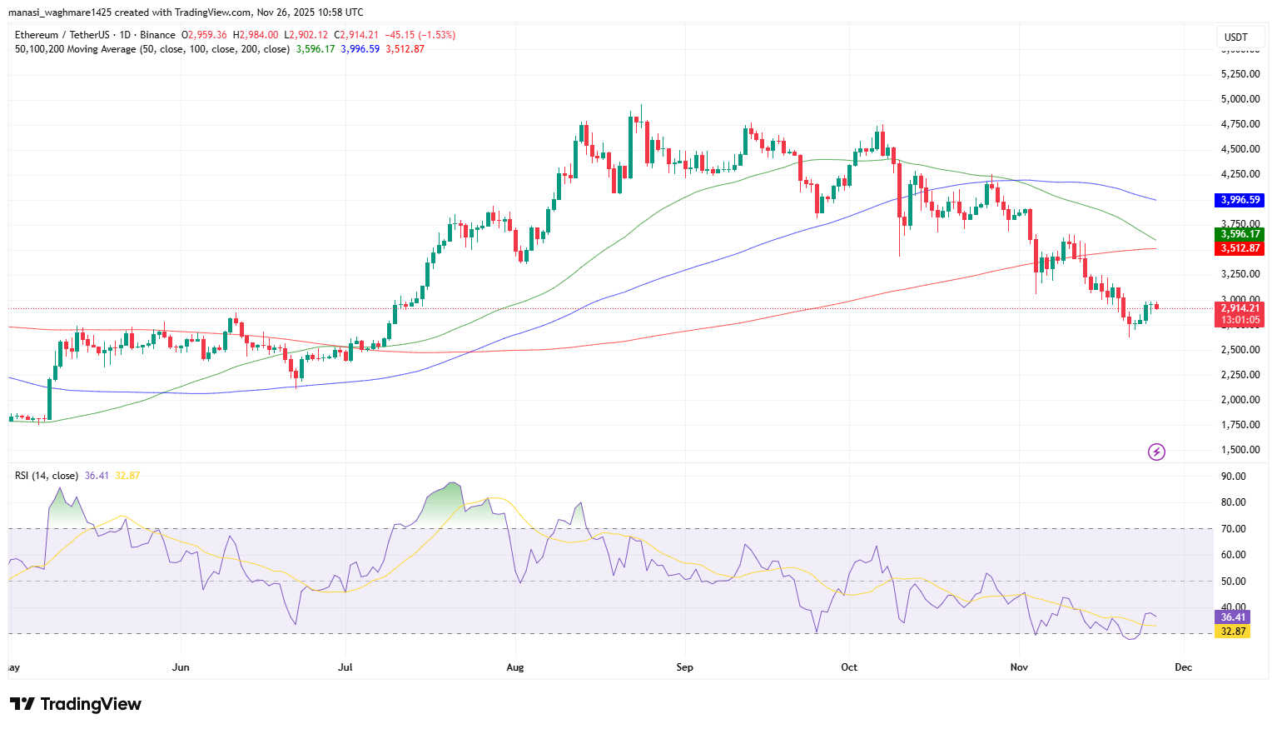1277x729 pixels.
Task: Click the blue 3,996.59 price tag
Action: (x=1240, y=200)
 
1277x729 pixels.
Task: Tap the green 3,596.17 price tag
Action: (x=1240, y=234)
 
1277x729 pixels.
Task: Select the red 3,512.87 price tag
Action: (x=1240, y=248)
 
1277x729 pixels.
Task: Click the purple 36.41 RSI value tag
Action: (x=1233, y=617)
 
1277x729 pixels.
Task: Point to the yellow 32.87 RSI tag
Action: (x=1233, y=632)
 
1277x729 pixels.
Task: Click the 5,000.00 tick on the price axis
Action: (x=1240, y=99)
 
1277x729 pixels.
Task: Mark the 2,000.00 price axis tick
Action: (x=1240, y=400)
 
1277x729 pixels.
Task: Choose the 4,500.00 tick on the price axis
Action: (x=1240, y=149)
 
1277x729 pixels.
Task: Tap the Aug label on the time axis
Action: (x=515, y=667)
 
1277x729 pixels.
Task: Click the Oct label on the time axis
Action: (x=849, y=667)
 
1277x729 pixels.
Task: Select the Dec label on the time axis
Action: (x=1183, y=667)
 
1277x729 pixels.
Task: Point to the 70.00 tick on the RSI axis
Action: (x=1233, y=529)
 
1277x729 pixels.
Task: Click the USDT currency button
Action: (x=1236, y=37)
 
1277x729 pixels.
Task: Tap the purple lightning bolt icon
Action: (x=1156, y=452)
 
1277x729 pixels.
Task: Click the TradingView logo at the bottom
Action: (x=76, y=705)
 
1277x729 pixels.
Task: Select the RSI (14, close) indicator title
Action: (x=47, y=476)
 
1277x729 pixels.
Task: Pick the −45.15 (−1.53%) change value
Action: (x=420, y=35)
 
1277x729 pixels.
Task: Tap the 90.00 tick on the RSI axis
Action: (x=1233, y=477)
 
